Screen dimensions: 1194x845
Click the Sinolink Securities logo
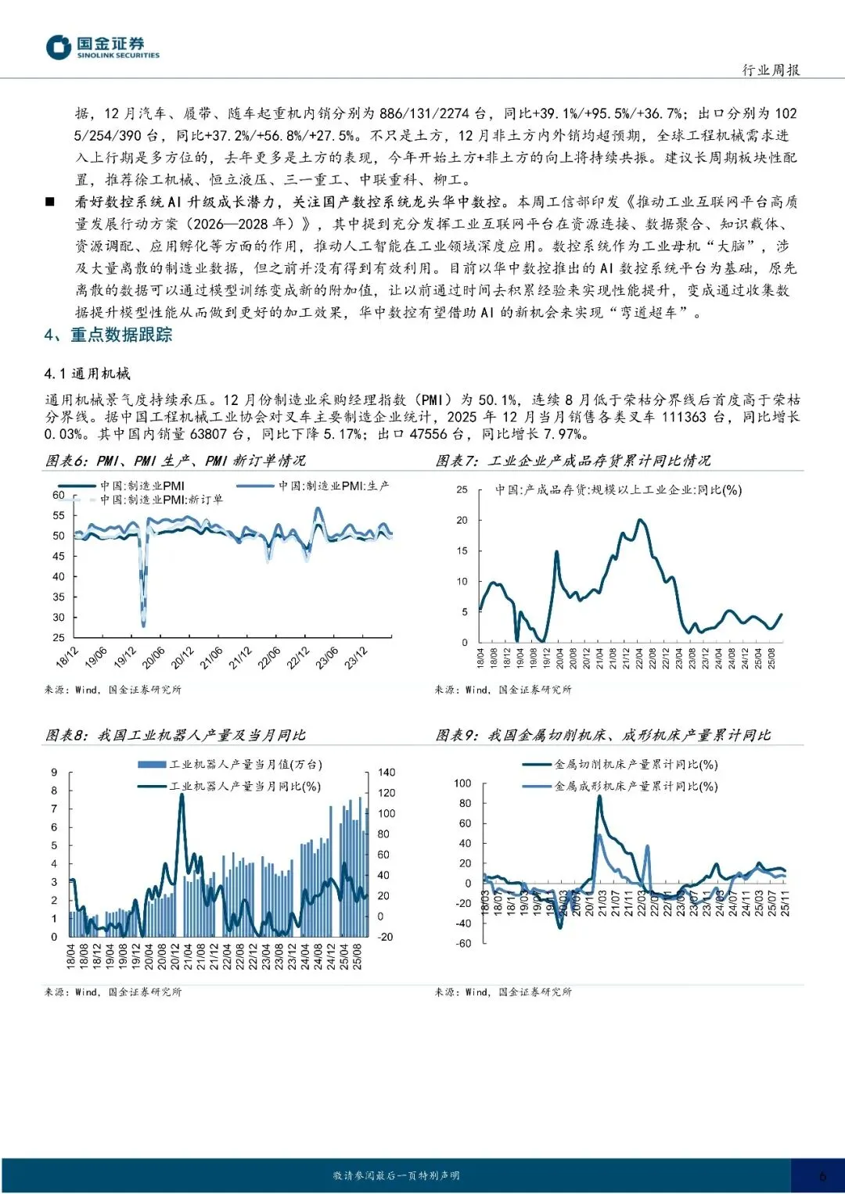click(x=102, y=47)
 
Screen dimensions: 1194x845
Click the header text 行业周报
click(x=771, y=70)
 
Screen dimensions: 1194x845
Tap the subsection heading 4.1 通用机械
click(x=87, y=374)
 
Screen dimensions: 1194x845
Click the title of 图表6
click(x=175, y=461)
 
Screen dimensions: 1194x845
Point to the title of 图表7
click(x=573, y=461)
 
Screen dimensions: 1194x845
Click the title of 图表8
click(x=175, y=735)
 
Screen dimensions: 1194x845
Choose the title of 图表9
click(x=602, y=735)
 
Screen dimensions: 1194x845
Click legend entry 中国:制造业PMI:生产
click(x=334, y=486)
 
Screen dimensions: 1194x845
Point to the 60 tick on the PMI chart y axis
click(x=59, y=495)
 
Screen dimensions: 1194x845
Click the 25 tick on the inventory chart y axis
click(x=462, y=489)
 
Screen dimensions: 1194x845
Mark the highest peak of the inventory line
click(x=641, y=520)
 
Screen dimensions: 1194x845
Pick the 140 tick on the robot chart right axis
click(x=387, y=773)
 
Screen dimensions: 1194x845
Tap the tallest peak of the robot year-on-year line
click(x=182, y=795)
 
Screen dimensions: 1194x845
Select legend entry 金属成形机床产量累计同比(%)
click(x=635, y=786)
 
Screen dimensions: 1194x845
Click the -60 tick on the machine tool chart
click(x=463, y=944)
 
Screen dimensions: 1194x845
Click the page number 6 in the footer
click(x=822, y=1176)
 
